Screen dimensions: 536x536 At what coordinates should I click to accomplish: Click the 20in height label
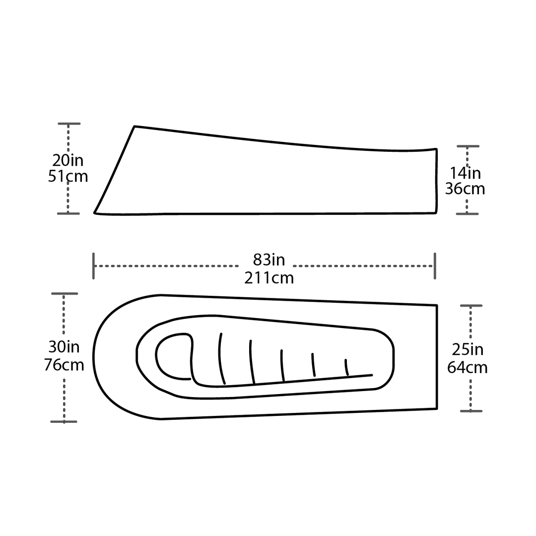(x=68, y=161)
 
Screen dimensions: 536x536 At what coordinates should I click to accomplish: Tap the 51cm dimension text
(x=68, y=176)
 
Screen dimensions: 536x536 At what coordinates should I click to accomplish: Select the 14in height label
(x=466, y=173)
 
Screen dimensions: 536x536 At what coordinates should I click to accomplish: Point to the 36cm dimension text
(x=465, y=189)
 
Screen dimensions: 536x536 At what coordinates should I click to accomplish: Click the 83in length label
(x=269, y=260)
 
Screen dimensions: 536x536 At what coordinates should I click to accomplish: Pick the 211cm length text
(x=269, y=277)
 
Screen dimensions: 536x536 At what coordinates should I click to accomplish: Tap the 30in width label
(x=64, y=347)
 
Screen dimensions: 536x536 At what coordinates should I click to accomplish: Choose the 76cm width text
(x=64, y=365)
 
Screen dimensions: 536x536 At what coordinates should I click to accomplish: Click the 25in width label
(x=468, y=350)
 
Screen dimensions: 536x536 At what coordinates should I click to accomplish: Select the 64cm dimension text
(x=468, y=368)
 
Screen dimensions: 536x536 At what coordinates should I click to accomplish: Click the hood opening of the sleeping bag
(x=173, y=356)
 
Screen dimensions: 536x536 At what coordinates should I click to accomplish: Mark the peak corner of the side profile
(x=134, y=127)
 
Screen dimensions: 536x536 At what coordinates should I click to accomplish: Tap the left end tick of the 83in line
(x=94, y=266)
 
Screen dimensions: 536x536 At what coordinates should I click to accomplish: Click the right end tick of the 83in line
(x=435, y=266)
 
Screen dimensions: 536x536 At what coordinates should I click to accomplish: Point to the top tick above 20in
(x=69, y=123)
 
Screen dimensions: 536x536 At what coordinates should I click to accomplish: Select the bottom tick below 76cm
(x=64, y=421)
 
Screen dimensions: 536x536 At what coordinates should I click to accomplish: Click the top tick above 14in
(x=468, y=146)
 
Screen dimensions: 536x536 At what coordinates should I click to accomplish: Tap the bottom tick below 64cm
(x=471, y=411)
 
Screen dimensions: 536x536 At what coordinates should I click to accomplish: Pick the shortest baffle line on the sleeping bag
(x=346, y=367)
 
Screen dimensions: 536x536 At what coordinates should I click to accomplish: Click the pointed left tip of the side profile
(x=95, y=212)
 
